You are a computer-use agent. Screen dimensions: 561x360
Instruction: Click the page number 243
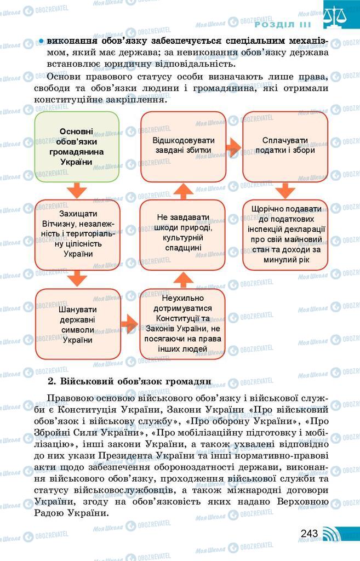click(x=309, y=533)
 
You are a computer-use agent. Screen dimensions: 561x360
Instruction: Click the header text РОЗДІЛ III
click(x=283, y=25)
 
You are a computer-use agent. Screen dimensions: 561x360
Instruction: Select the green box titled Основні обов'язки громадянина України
click(x=77, y=147)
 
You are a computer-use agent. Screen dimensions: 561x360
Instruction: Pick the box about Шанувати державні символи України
click(x=77, y=324)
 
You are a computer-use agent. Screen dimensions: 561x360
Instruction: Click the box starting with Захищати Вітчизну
click(x=77, y=234)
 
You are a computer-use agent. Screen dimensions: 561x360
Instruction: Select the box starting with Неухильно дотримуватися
click(x=182, y=324)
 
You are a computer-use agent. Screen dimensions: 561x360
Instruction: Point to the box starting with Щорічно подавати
click(x=285, y=234)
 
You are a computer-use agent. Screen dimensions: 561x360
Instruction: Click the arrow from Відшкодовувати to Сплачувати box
click(x=234, y=147)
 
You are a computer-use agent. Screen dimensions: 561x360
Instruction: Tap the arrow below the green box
click(x=77, y=190)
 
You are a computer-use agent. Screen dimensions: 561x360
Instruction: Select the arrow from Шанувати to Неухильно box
click(x=129, y=324)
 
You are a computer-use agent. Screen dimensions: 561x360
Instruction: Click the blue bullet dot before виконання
click(x=41, y=42)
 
